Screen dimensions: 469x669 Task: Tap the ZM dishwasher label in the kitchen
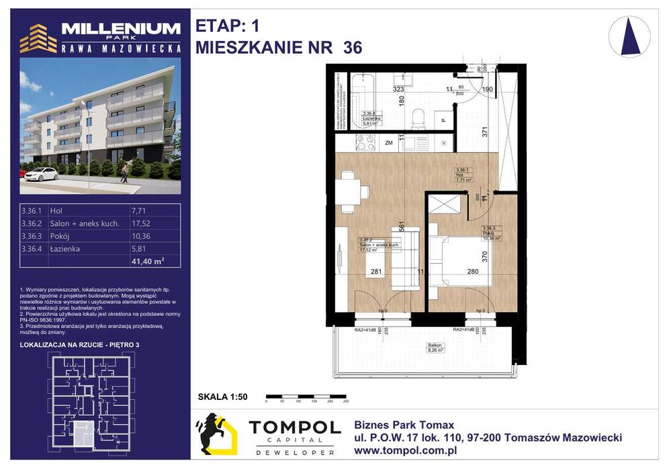[389, 142]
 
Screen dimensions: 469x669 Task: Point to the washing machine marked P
[443, 121]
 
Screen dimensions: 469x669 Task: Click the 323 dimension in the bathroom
[398, 89]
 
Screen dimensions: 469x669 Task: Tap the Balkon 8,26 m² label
[436, 348]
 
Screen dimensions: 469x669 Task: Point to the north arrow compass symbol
[629, 36]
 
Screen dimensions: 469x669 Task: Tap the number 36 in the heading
[352, 48]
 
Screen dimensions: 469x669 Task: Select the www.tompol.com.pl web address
[405, 450]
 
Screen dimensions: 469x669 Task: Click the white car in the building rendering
[40, 174]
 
